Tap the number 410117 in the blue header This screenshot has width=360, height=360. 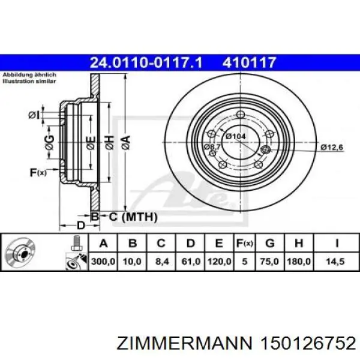click(x=250, y=61)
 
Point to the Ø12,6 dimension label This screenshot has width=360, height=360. click(x=331, y=147)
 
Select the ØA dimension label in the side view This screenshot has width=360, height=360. click(x=125, y=142)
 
